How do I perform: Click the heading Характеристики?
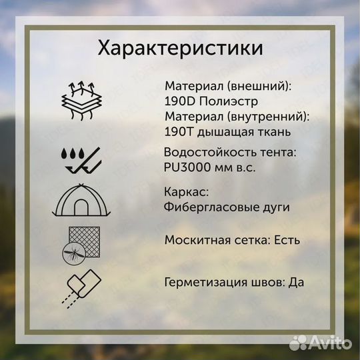180,49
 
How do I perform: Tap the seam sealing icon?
81,285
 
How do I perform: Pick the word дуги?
277,207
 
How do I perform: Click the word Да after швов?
296,281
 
